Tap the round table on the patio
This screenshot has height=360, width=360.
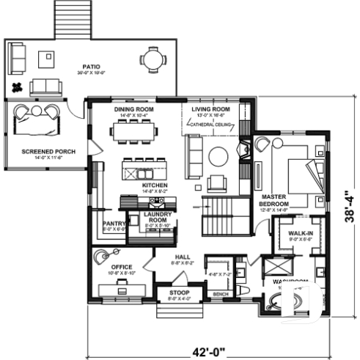click(151, 59)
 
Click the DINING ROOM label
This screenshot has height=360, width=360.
click(133, 109)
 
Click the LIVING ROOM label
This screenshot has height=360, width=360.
click(211, 109)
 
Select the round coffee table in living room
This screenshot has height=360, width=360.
click(218, 156)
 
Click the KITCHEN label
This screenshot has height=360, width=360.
click(155, 185)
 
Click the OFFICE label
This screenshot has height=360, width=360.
click(122, 268)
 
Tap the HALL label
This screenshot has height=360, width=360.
click(182, 256)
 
